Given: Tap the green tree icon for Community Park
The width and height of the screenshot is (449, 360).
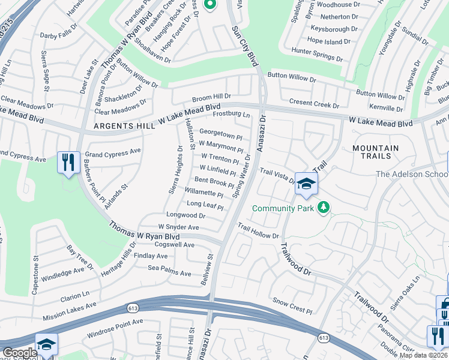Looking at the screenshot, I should click(324, 208).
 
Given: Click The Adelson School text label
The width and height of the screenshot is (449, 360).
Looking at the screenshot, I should click(411, 174).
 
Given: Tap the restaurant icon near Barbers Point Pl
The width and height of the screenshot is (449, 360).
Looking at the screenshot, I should click(68, 162).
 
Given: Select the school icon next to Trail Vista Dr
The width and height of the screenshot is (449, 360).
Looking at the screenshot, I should click(306, 184).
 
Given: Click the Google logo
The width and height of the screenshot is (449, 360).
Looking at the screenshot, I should click(20, 353).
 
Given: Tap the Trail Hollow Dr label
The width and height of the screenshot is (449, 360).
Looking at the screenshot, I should click(259, 231).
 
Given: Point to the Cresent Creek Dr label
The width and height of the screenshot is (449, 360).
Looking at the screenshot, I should click(314, 104).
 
